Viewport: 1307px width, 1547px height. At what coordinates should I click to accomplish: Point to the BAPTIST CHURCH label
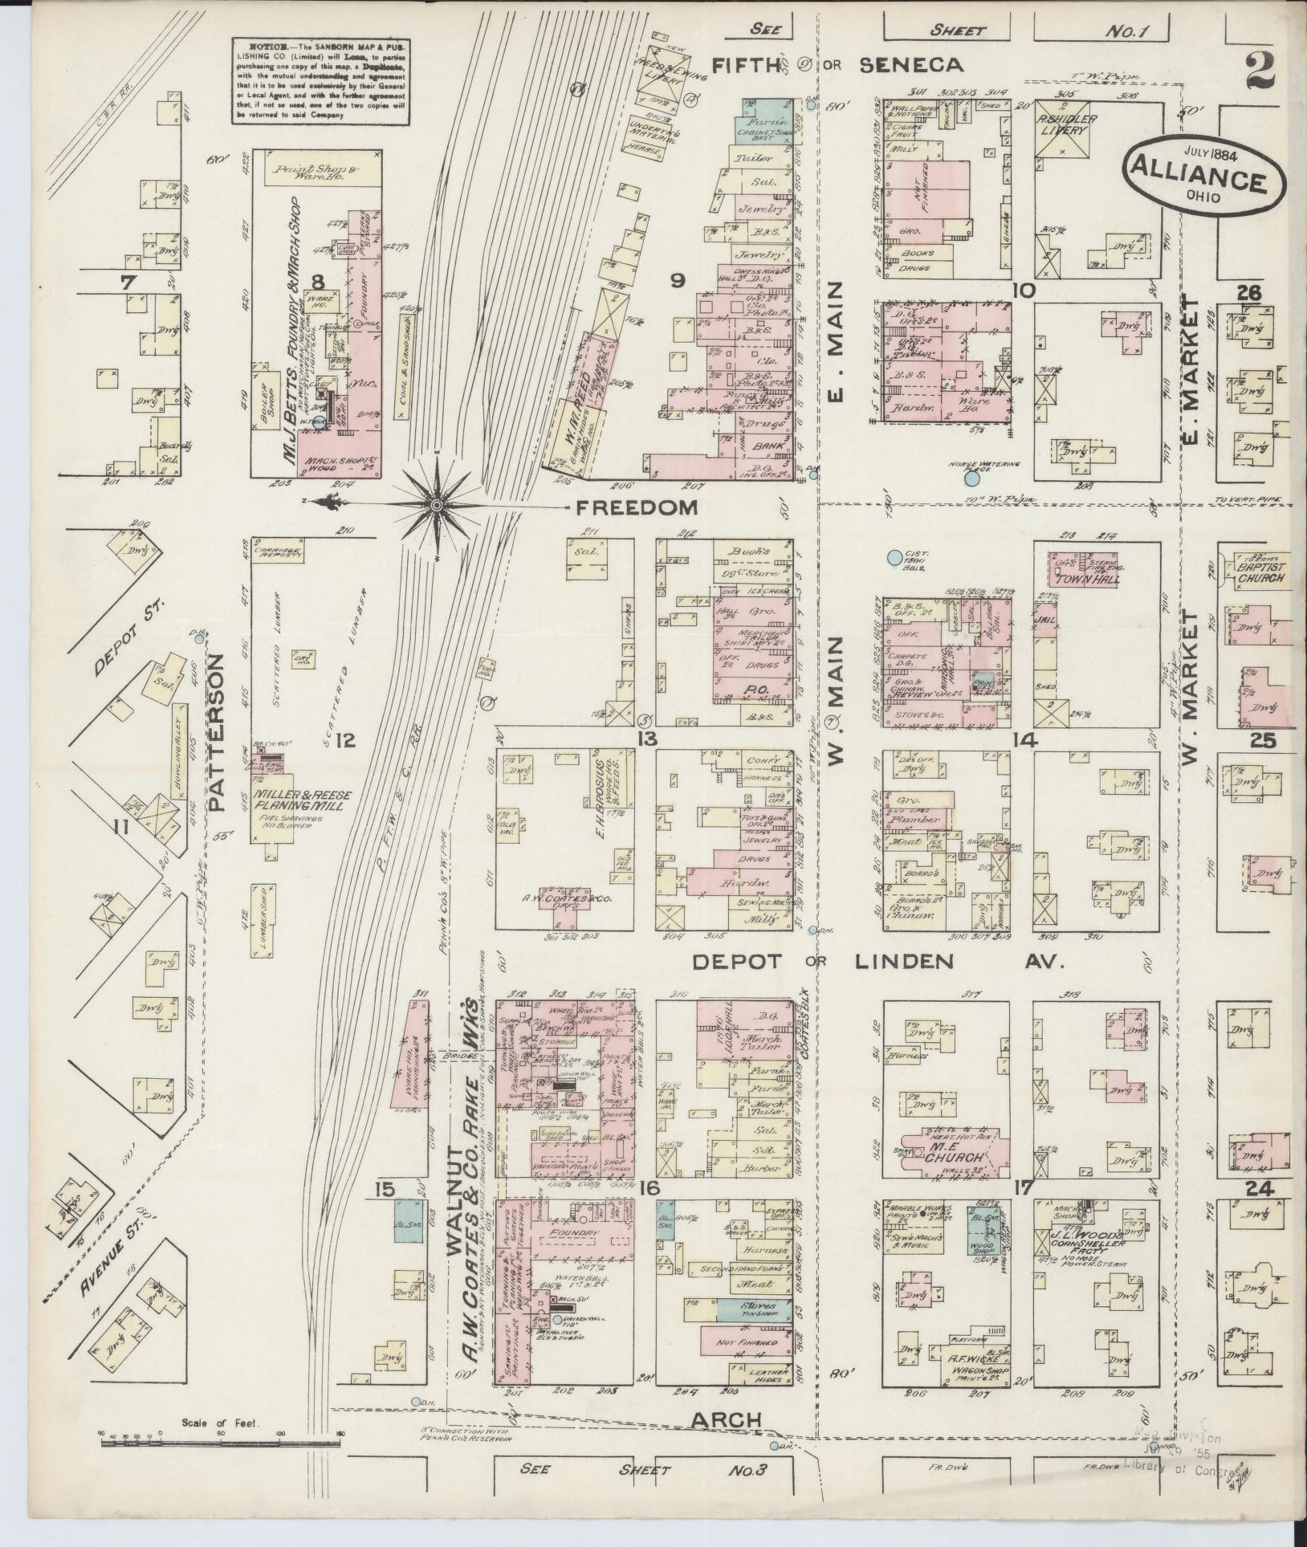(1260, 572)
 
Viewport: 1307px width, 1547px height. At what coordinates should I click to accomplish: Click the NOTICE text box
(321, 81)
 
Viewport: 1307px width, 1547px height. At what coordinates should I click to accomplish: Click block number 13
(648, 739)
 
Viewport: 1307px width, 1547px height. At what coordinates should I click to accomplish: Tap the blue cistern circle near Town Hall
(893, 556)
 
